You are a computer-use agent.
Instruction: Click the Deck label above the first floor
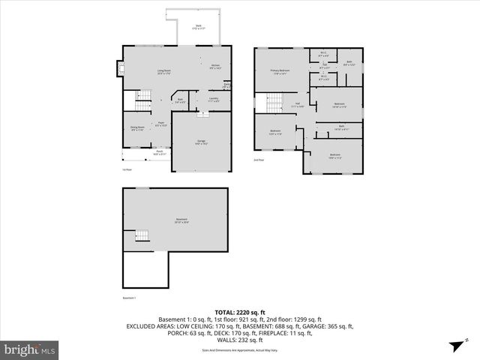pos(199,28)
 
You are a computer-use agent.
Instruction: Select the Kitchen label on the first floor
pos(214,67)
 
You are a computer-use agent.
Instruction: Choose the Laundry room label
pos(213,99)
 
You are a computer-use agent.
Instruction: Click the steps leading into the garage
pos(201,114)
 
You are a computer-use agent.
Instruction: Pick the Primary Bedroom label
pos(280,72)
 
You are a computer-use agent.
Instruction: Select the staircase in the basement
pos(139,238)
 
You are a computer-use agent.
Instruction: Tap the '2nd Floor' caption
pos(259,159)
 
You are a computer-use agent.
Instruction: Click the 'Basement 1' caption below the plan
pos(130,298)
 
